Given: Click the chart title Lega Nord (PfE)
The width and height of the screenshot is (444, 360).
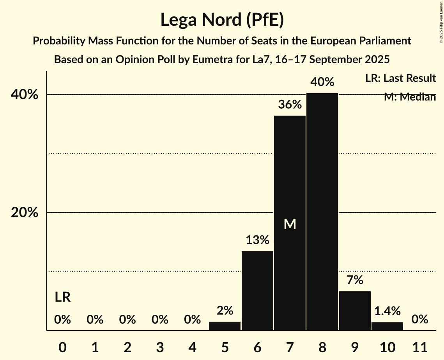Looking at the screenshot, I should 222,20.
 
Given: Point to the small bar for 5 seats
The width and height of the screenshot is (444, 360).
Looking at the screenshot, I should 225,326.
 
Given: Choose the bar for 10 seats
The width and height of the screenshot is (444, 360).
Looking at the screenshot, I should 387,326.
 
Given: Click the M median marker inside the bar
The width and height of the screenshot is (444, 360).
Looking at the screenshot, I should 290,224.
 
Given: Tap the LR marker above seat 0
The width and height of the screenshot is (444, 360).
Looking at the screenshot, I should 62,298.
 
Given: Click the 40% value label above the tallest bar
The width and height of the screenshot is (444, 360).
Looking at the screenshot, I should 322,82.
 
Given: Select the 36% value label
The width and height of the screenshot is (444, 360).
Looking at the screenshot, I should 290,104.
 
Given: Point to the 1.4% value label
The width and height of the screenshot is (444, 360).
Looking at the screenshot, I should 387,311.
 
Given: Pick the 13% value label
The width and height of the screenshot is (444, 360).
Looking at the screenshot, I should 257,240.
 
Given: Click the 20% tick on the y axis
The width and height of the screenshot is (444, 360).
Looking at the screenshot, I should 24,213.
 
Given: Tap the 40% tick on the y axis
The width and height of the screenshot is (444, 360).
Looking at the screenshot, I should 24,95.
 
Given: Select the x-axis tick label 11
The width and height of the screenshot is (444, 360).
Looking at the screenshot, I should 420,346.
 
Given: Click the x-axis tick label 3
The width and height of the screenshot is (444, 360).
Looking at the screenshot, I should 160,346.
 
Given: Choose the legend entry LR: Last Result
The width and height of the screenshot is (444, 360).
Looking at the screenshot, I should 400,78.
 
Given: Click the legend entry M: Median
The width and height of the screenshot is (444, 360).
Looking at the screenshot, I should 409,97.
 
